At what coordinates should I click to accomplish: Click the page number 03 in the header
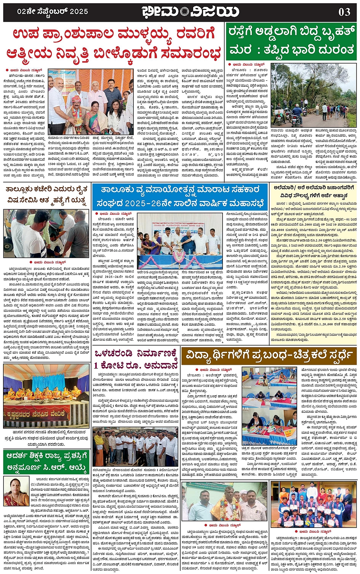click(344, 12)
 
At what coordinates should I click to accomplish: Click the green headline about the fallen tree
click(291, 41)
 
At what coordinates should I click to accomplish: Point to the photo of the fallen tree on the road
click(313, 95)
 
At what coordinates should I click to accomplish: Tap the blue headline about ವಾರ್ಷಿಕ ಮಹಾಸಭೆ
click(181, 195)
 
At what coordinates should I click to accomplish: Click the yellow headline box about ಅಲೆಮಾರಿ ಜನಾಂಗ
click(316, 191)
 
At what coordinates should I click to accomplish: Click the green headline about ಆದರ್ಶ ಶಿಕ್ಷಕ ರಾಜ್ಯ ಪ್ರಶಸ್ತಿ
click(46, 461)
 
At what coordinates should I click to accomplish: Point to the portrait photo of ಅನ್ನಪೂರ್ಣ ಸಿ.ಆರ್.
click(16, 491)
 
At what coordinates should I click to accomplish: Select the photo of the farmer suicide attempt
click(46, 234)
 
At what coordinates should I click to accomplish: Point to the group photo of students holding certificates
click(313, 503)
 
